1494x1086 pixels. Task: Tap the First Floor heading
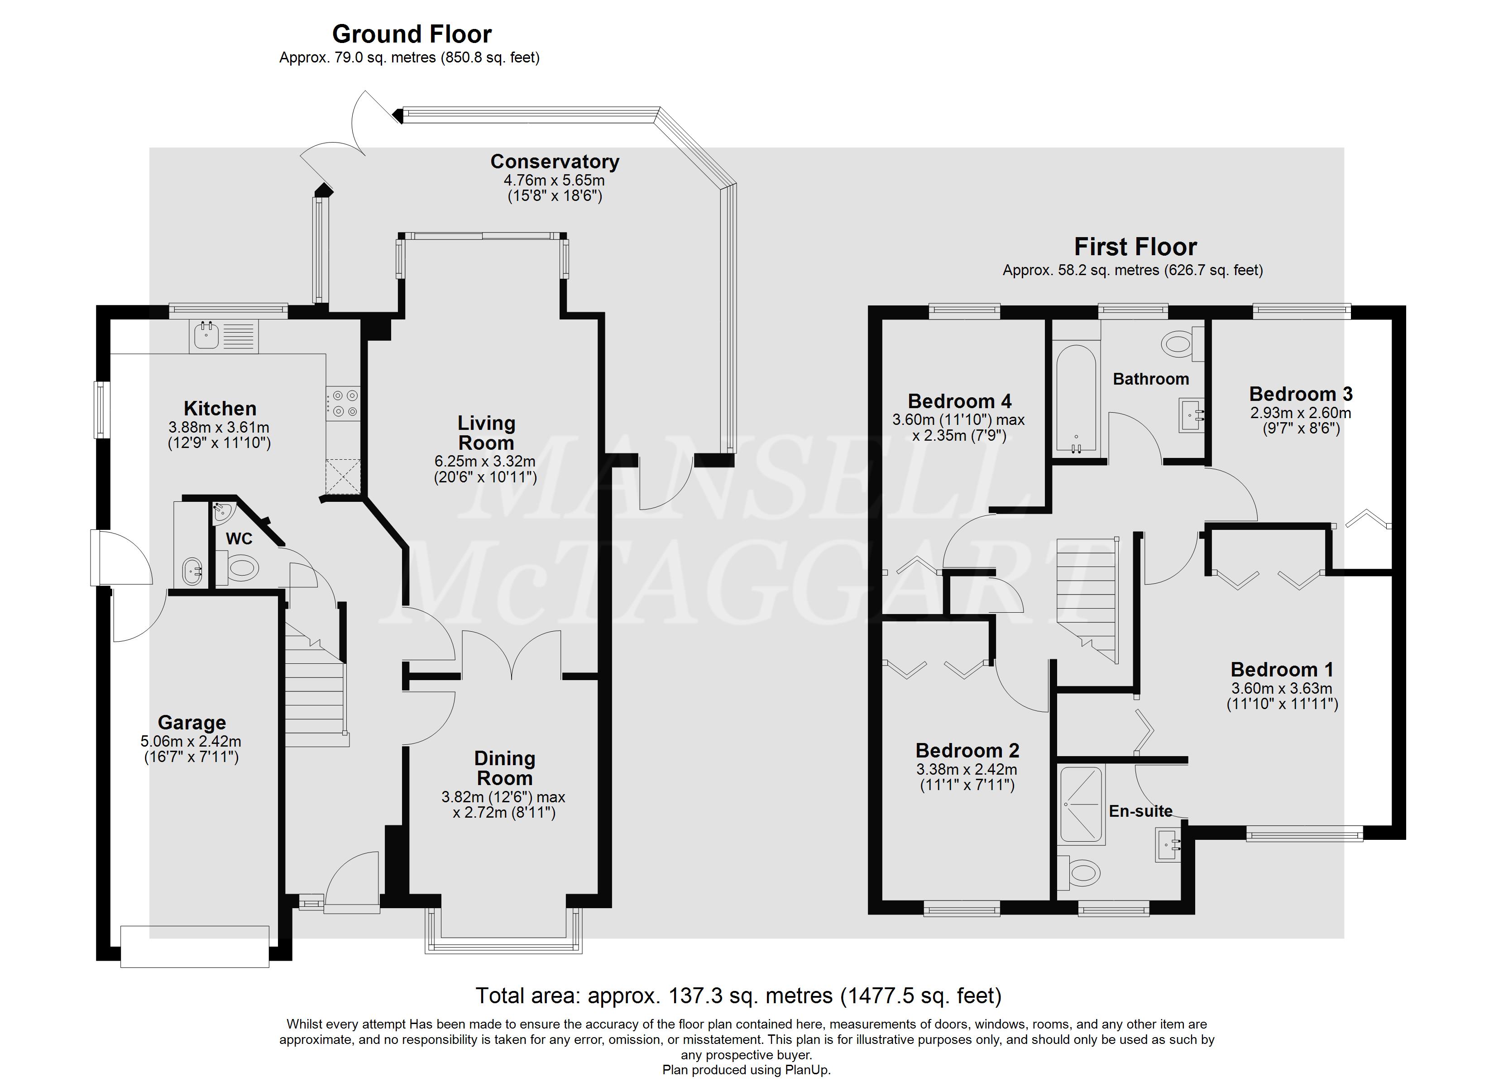coord(1135,247)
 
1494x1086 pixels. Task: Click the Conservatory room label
coord(555,162)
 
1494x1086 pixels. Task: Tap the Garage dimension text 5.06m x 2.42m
coord(191,741)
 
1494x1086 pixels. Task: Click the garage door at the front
coord(195,946)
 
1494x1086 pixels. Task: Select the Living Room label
coord(486,433)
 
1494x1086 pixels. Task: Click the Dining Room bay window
coord(504,931)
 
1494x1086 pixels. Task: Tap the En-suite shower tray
coord(1081,804)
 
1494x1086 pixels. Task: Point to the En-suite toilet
coord(1079,874)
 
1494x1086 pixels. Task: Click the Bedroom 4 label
coord(959,401)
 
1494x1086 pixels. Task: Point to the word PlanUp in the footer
coord(807,1070)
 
